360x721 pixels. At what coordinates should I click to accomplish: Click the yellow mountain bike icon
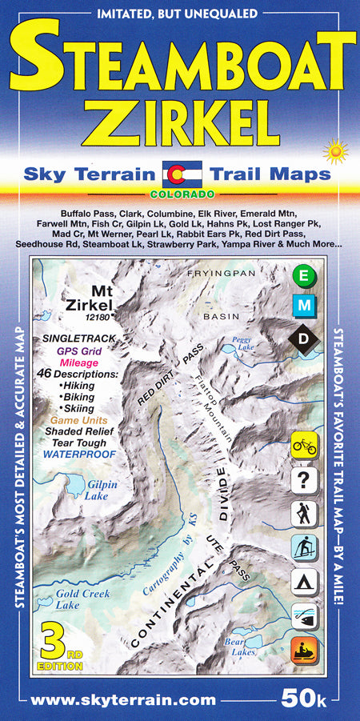tap(305, 443)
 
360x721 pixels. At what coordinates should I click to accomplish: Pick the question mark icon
tap(305, 480)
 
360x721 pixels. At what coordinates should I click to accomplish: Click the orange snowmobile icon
tap(305, 650)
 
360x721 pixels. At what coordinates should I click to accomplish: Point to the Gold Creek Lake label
tap(82, 599)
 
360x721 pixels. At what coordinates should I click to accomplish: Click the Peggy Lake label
tap(242, 343)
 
